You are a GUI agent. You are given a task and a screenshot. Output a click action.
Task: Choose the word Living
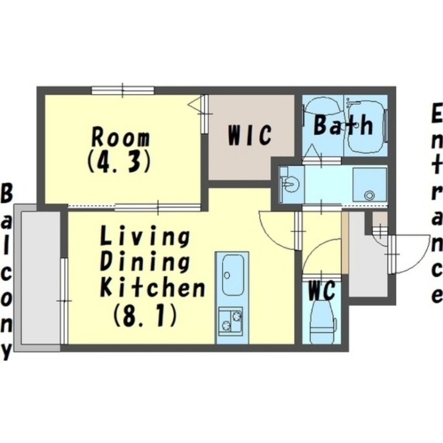pos(145,238)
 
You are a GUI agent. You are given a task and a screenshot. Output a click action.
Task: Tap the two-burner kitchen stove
pos(230,321)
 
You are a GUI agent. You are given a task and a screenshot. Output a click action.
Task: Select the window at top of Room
pos(122,90)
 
